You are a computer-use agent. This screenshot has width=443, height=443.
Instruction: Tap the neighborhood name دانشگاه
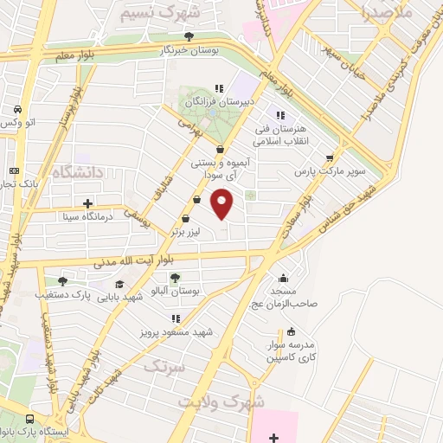pyautogui.click(x=77, y=173)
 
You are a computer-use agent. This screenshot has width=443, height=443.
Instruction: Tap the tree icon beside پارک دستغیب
pyautogui.click(x=62, y=280)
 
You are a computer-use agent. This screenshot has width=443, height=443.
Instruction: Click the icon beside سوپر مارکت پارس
pyautogui.click(x=329, y=157)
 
